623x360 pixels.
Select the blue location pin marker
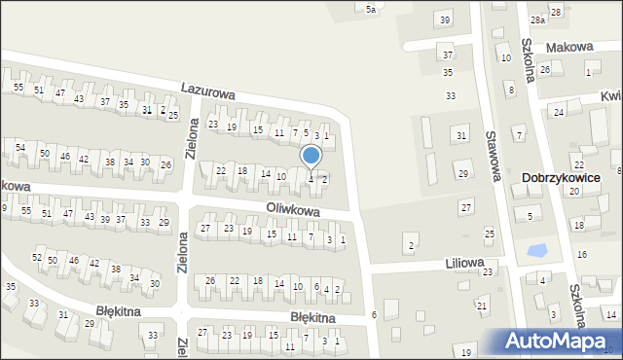tap(311, 156)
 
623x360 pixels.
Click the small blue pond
tap(535, 250)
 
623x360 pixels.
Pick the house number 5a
tap(370, 9)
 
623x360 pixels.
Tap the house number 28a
tap(537, 19)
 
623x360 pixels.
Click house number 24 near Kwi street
tap(560, 113)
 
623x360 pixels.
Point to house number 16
tap(582, 254)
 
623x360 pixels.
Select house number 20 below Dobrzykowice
tap(574, 192)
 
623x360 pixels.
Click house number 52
tap(37, 257)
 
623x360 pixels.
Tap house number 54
tap(20, 147)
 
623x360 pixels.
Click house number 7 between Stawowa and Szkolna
tap(520, 133)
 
